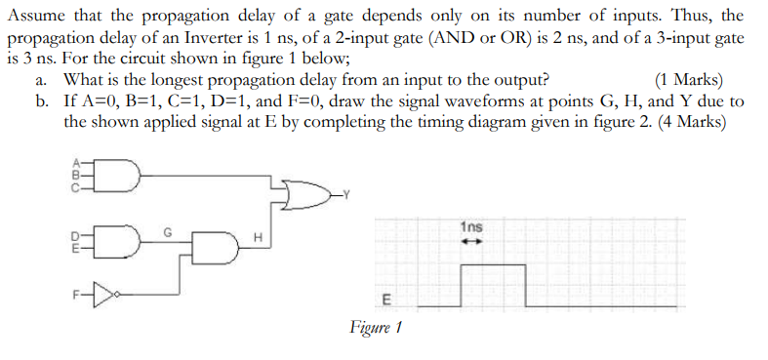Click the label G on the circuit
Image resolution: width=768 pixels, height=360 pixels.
click(168, 232)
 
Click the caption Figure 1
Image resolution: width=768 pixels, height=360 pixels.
click(376, 328)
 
